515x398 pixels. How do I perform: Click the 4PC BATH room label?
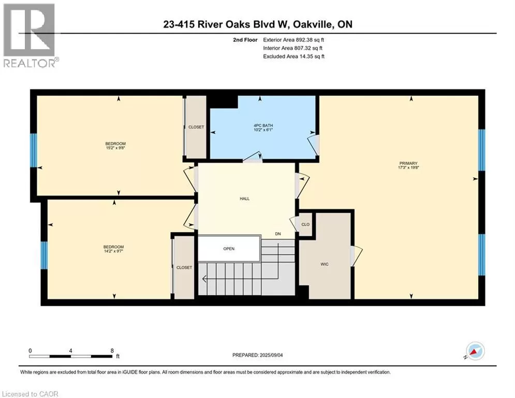pos(263,125)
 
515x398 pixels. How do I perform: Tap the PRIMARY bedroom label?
pos(408,163)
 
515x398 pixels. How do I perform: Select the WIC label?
pos(325,264)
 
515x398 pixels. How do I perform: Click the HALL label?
pos(244,198)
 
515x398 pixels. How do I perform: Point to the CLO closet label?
pos(305,224)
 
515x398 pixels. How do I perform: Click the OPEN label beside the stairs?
pos(229,249)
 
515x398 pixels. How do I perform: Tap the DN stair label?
pos(278,234)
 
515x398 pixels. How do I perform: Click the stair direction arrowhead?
pos(204,279)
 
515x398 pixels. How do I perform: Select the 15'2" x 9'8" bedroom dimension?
pos(115,148)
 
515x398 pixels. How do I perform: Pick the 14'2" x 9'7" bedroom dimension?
pos(113,251)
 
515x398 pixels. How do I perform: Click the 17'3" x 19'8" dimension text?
pos(408,167)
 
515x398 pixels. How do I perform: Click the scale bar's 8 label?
pos(112,351)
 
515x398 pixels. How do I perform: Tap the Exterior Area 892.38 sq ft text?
pos(293,40)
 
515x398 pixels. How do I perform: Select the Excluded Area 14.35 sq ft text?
pos(293,56)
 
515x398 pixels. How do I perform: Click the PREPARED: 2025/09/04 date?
pos(258,355)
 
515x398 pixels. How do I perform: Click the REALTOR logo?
pos(30,36)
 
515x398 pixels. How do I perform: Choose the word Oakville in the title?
pos(313,24)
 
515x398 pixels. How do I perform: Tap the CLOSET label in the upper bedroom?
pos(196,127)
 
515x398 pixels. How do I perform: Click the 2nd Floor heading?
pos(245,40)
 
